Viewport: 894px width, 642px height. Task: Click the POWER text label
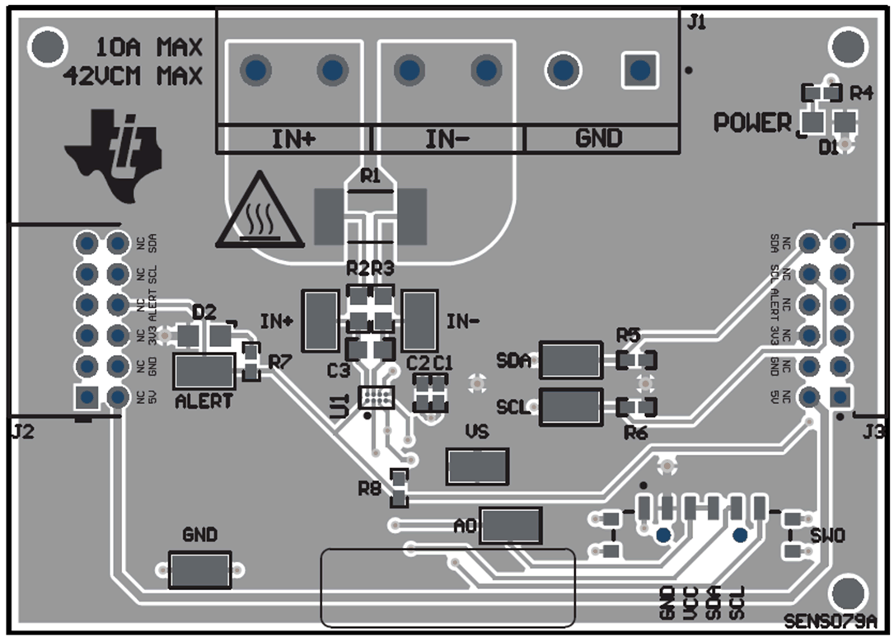(x=751, y=123)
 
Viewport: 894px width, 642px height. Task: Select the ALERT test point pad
(x=204, y=372)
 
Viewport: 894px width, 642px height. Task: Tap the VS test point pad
(x=476, y=467)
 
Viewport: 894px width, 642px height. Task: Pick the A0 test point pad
(x=511, y=525)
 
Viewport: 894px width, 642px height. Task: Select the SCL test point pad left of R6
(x=570, y=407)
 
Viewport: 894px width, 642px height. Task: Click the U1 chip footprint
(x=377, y=397)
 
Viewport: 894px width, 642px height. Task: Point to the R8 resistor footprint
(x=399, y=487)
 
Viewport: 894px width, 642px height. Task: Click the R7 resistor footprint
(x=250, y=363)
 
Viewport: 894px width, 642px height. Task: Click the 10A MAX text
(x=149, y=46)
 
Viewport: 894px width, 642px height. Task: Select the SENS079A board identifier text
(x=835, y=620)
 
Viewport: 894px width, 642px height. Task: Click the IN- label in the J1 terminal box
(x=447, y=139)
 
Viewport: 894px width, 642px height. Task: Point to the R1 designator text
(x=371, y=176)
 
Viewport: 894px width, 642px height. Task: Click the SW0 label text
(x=826, y=536)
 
